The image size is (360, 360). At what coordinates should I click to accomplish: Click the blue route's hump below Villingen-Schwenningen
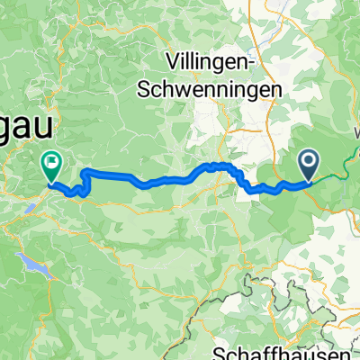coord(216,166)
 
